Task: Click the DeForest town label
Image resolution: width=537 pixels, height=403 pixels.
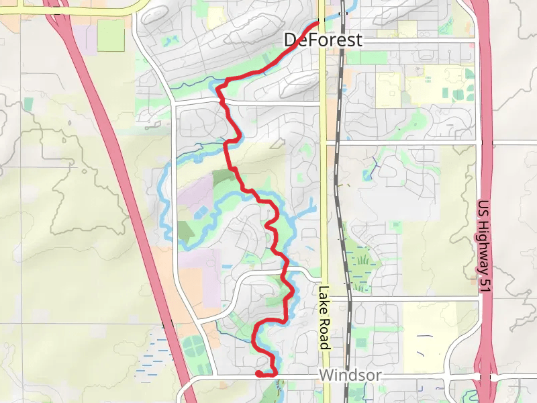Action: (323, 40)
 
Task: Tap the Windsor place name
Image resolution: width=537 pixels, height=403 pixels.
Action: (350, 375)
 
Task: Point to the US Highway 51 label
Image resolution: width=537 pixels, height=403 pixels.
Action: (485, 246)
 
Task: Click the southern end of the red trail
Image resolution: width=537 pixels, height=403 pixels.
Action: (258, 373)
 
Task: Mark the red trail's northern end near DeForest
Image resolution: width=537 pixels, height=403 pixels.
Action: (317, 24)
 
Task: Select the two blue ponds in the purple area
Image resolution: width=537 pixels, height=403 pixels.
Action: (201, 212)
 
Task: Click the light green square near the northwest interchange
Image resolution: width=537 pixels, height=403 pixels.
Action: (111, 35)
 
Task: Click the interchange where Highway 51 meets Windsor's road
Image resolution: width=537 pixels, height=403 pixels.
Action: (485, 377)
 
